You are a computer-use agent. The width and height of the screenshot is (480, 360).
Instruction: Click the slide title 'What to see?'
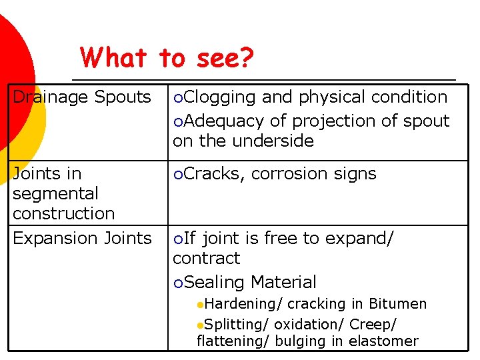(x=167, y=59)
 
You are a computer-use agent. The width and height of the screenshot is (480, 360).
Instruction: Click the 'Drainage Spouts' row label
(x=81, y=97)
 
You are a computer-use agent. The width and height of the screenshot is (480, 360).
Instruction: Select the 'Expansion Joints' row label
(x=82, y=238)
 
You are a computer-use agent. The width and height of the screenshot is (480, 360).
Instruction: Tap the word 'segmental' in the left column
(x=55, y=193)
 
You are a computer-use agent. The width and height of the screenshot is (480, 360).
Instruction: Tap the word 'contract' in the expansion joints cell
(x=206, y=258)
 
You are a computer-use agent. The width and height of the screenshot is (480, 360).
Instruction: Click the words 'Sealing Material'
(x=250, y=282)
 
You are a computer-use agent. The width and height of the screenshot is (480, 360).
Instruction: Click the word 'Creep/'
(x=373, y=324)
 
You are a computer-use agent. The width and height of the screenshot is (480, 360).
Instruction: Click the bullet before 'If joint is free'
(x=177, y=239)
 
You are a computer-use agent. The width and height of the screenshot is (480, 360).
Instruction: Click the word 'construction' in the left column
(x=63, y=213)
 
